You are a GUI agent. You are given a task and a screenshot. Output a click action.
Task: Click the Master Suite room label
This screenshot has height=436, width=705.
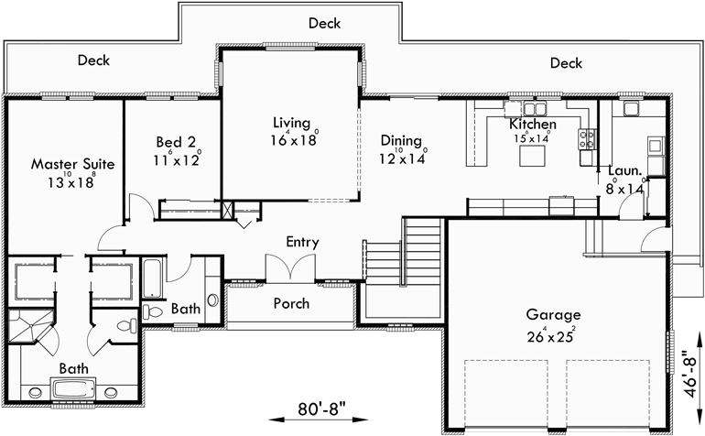72,164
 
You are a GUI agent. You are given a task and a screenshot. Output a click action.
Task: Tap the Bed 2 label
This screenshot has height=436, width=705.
176,142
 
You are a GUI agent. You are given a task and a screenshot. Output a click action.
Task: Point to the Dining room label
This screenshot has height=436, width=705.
401,141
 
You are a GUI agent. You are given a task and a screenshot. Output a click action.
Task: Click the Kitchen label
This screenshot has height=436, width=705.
533,124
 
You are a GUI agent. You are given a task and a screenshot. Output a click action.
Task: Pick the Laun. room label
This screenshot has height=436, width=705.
624,170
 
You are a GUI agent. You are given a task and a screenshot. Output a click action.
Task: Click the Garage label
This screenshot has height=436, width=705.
552,315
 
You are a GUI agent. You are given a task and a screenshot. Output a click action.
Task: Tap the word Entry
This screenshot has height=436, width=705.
302,243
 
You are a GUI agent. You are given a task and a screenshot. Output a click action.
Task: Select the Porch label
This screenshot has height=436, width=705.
292,303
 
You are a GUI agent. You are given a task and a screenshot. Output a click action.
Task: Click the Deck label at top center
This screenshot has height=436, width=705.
326,22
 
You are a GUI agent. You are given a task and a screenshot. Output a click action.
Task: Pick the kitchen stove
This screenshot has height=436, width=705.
588,140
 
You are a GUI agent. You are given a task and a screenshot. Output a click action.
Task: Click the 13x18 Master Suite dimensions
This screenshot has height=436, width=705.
73,181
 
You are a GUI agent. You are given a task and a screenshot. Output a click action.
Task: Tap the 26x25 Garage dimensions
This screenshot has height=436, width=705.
551,334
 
